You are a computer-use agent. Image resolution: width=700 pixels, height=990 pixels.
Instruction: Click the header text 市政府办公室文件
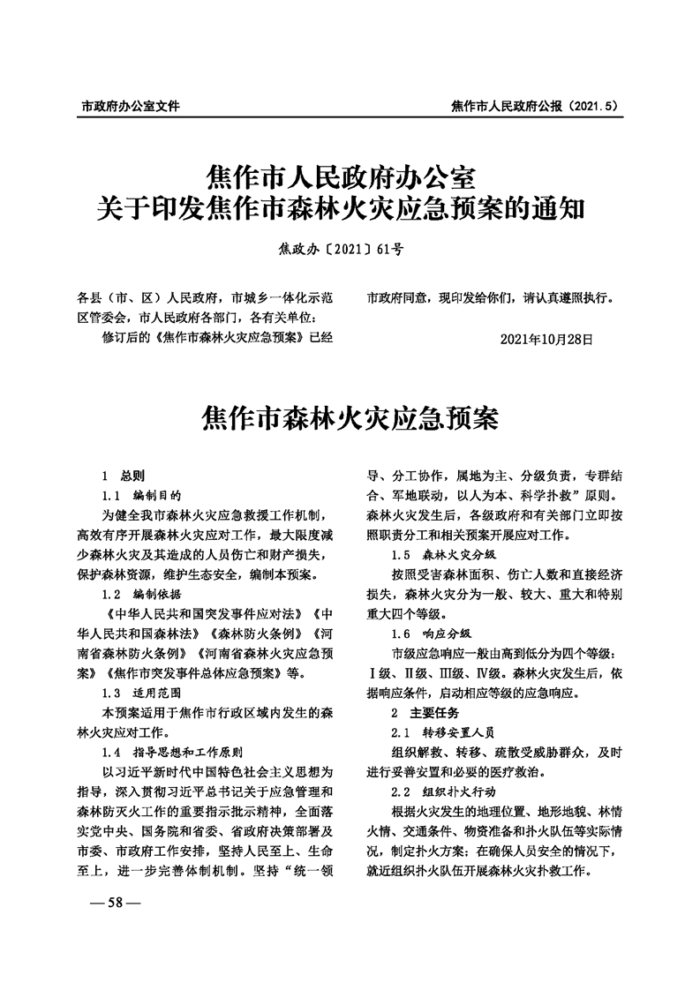point(130,106)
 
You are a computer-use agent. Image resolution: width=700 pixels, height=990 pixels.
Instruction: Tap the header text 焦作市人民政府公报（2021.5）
point(533,106)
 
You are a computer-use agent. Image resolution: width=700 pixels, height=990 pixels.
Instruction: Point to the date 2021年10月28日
point(546,339)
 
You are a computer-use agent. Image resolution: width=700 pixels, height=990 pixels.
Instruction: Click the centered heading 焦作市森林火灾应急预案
point(350,416)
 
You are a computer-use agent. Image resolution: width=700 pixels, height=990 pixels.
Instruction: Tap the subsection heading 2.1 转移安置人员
point(444,732)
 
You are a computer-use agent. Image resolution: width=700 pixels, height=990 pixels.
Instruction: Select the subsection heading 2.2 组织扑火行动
point(444,792)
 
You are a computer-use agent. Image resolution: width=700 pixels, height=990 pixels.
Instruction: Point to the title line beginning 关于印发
point(350,210)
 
